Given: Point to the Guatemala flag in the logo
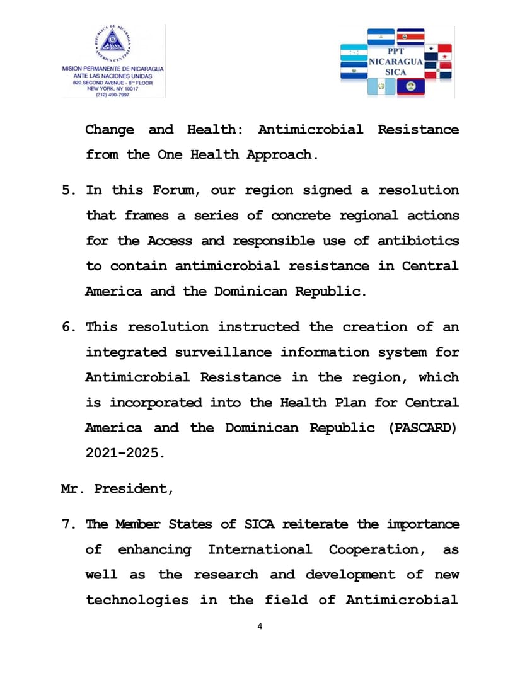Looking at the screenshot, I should click(381, 86).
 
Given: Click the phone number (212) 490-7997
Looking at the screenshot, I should click(112, 95).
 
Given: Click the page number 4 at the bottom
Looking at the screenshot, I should click(260, 626).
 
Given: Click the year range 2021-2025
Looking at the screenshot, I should click(125, 453).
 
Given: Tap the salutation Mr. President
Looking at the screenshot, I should click(117, 488).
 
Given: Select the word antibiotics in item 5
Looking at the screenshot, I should click(418, 241).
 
